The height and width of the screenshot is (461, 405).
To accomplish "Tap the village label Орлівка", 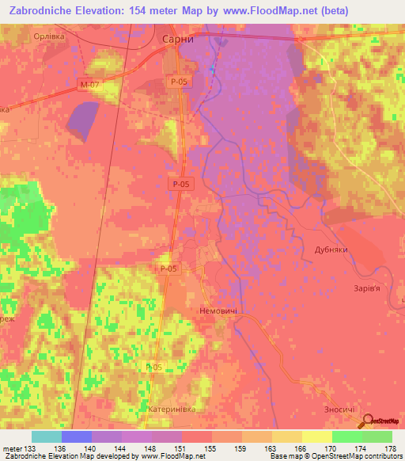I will click(48, 36).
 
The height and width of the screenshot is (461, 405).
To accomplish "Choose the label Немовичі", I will click(219, 311).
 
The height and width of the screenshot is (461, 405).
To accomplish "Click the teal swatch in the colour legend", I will click(47, 436).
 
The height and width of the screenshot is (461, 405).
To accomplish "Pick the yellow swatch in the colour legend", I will click(316, 436).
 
